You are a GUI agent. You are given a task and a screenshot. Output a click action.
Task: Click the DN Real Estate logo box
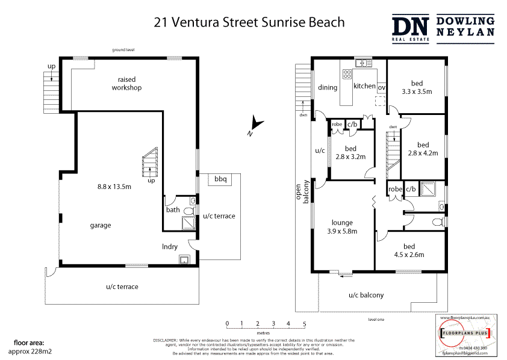[x=411, y=28]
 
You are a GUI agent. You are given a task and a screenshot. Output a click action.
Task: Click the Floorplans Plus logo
[x=464, y=333]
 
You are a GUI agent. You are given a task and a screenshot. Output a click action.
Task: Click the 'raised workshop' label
[x=129, y=84]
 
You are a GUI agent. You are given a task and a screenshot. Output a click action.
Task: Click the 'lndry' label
[x=170, y=246]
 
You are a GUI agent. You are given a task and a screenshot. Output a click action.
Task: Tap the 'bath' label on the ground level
[x=173, y=210]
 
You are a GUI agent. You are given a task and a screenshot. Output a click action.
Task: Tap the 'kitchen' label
[x=364, y=86]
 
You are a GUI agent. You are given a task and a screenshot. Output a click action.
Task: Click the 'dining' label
[x=328, y=87]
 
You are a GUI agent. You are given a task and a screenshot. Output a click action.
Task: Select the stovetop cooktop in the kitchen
[x=347, y=74]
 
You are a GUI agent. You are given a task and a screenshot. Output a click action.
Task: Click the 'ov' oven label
[x=381, y=87]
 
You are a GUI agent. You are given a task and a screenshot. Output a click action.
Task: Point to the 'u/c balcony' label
[x=365, y=295]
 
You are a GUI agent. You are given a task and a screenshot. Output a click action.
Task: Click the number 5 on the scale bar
[x=304, y=324]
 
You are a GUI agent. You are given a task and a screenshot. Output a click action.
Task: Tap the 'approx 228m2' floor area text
[x=30, y=351]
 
